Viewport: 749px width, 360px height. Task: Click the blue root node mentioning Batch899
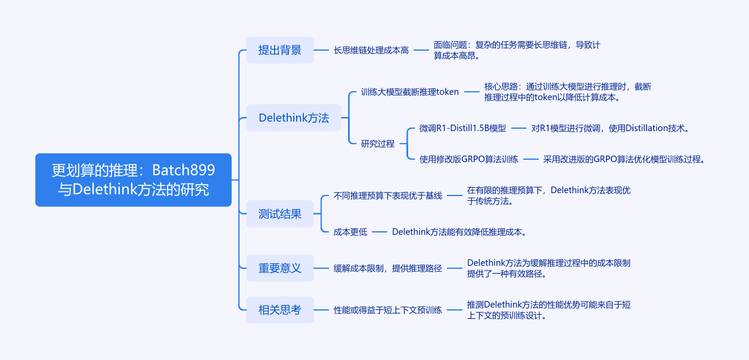pos(133,180)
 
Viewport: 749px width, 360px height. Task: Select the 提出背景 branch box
pos(279,50)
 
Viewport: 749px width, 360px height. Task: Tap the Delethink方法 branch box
pos(293,118)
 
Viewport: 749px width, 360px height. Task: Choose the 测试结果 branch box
pos(279,214)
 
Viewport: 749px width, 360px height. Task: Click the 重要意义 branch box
pos(279,268)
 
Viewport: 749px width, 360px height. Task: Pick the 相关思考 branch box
pos(279,310)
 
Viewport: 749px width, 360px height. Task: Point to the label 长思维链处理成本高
pos(371,51)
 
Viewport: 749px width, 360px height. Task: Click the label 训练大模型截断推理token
pos(410,92)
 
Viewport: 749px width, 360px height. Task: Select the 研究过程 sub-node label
pos(378,144)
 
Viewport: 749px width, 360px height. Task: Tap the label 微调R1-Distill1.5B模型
pos(462,128)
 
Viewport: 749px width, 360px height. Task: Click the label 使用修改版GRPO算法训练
pos(468,159)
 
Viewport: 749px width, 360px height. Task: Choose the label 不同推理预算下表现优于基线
pos(388,195)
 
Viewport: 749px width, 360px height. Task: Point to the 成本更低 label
pos(350,232)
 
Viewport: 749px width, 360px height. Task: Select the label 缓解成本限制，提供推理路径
pos(388,268)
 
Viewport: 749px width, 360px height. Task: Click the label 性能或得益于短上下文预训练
pos(388,310)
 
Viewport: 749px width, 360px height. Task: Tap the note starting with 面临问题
pos(517,50)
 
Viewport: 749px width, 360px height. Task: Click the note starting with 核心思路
pos(567,92)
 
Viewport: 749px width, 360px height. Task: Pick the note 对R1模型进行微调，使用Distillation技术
pos(610,128)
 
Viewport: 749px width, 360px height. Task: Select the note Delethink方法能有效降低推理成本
pos(459,232)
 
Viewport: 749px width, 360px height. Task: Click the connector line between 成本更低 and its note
pos(380,232)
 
